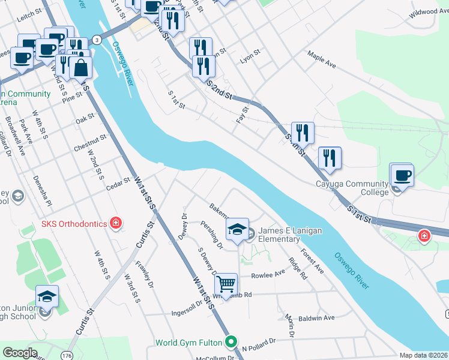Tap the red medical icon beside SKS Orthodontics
pos(116,224)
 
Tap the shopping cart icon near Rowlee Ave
pos(226,284)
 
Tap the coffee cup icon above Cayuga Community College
pos(402,175)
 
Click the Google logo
pos(20,353)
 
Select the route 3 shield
pos(97,40)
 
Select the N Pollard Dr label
pos(259,343)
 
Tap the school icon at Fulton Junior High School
pos(46,296)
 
